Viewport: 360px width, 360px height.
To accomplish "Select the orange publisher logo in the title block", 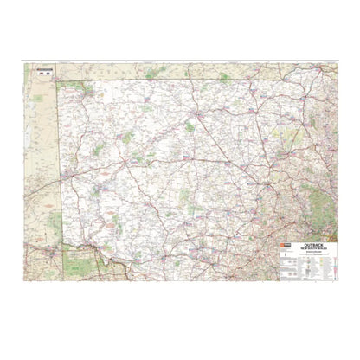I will pos(283,247).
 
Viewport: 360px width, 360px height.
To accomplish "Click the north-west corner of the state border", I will pos(59,81).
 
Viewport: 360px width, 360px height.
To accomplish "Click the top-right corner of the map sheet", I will pos(336,63).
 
